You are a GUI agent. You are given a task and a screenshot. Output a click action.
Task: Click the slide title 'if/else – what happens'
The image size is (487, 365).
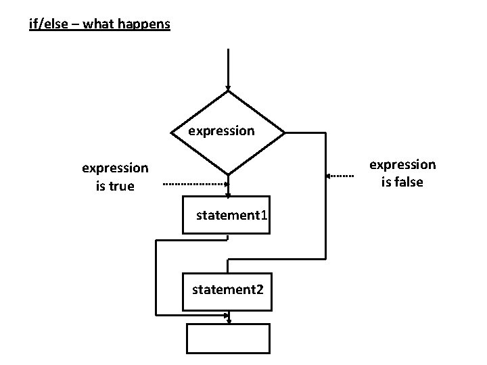click(x=99, y=25)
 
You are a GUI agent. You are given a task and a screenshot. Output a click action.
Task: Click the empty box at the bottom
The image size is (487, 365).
click(x=228, y=339)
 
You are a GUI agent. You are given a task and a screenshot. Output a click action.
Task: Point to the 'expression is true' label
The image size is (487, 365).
click(x=115, y=176)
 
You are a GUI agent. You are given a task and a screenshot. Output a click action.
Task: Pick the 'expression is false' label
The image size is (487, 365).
click(x=402, y=172)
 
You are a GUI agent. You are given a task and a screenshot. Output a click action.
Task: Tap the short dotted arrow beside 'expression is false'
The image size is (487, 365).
click(x=342, y=176)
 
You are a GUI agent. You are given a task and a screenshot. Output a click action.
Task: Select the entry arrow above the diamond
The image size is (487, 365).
click(x=229, y=68)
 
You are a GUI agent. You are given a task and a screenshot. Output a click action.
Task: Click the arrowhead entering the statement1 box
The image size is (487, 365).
click(x=229, y=194)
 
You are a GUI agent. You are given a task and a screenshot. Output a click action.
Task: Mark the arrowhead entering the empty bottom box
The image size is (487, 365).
click(x=229, y=320)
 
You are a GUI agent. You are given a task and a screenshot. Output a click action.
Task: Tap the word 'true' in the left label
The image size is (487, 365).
click(x=122, y=186)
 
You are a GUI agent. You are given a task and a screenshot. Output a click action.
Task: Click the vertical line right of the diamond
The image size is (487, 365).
click(x=325, y=196)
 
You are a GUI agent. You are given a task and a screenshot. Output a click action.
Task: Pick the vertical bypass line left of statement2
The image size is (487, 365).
click(x=156, y=277)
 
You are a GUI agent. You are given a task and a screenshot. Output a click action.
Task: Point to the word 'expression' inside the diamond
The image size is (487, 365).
click(x=221, y=130)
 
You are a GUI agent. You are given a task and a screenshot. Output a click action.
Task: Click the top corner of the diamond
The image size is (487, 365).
click(x=229, y=92)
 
